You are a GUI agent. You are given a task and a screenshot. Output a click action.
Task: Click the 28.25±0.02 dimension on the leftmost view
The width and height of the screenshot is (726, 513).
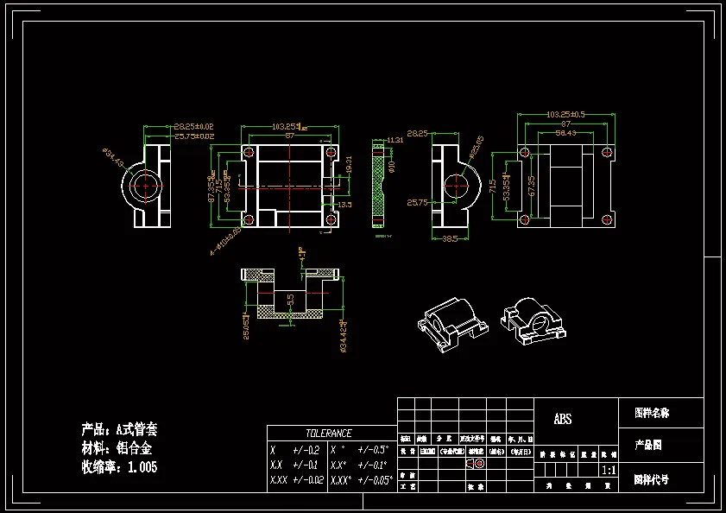tap(193, 126)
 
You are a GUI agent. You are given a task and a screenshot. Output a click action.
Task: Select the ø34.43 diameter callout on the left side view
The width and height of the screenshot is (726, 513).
tap(113, 159)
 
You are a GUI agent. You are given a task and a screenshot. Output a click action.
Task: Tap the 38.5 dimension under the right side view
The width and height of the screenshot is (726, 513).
tap(449, 238)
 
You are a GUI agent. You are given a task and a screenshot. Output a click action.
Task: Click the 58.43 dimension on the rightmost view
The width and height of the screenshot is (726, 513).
tap(566, 132)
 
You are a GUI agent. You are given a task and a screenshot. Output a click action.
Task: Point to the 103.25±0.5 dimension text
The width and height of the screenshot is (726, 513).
tap(566, 114)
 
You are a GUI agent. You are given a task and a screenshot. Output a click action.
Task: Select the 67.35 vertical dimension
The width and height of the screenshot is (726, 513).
tap(532, 185)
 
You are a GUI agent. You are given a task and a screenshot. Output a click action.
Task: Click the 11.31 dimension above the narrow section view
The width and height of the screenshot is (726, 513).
tap(395, 139)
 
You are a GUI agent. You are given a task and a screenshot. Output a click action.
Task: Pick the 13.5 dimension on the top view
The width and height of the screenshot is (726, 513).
tap(344, 205)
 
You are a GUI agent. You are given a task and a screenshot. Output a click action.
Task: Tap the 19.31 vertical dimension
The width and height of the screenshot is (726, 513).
tap(349, 163)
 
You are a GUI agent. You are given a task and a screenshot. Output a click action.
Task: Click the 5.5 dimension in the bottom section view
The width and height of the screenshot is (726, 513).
tap(291, 299)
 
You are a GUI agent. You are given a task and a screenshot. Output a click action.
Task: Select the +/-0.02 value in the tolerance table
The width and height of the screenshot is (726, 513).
tap(307, 480)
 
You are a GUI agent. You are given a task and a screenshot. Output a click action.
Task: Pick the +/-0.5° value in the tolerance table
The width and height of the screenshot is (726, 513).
tap(373, 450)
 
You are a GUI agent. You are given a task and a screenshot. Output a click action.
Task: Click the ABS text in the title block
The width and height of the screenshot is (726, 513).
tap(562, 420)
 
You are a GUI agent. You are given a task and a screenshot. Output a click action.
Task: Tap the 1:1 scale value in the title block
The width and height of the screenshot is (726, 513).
tap(608, 472)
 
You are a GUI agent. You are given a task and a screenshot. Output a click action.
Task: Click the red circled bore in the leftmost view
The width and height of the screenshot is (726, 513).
tap(149, 185)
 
